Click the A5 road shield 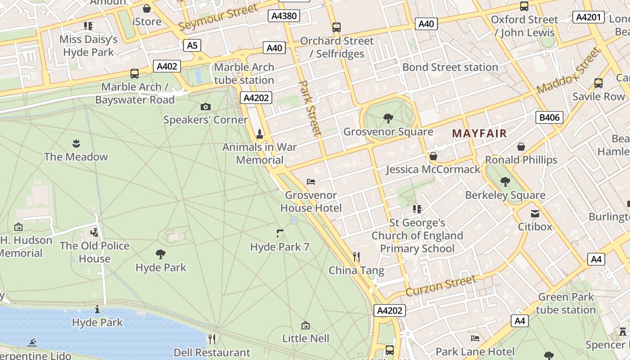click(192, 45)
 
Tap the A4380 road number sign click(284, 16)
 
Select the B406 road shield click(549, 118)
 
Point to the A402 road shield click(167, 67)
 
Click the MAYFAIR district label click(479, 134)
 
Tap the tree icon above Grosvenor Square click(388, 118)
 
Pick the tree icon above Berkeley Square click(505, 182)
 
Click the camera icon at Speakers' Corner click(206, 107)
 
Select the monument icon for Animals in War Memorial click(260, 134)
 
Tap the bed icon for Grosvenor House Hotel click(311, 182)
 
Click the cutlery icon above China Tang click(356, 257)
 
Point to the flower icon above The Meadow click(76, 144)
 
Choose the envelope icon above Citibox click(535, 214)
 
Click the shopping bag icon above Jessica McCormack click(433, 156)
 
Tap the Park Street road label click(310, 108)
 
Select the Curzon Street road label click(441, 286)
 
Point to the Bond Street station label click(450, 67)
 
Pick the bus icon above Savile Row click(598, 83)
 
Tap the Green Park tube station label click(566, 303)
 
